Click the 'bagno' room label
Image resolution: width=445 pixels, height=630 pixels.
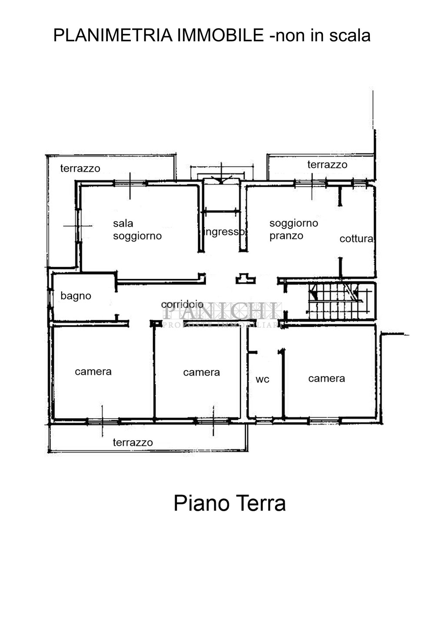[x=76, y=296]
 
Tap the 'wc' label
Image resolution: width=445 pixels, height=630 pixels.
[x=262, y=379]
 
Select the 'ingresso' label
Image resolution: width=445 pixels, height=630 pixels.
[x=224, y=232]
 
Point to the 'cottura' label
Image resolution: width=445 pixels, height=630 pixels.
[x=356, y=239]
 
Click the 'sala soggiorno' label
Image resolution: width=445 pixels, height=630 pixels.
[x=137, y=230]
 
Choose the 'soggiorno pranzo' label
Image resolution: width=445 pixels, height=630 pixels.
[x=293, y=229]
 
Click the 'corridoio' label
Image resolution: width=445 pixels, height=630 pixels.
[x=182, y=304]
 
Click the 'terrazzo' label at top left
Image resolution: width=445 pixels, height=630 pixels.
[x=80, y=168]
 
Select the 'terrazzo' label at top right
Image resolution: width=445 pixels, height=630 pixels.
[x=327, y=164]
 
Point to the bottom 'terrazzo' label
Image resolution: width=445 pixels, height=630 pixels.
[x=133, y=442]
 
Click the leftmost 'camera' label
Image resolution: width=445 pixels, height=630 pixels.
[x=93, y=372]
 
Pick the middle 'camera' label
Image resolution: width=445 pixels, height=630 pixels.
[x=201, y=372]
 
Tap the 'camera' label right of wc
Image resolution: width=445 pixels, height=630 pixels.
[x=326, y=379]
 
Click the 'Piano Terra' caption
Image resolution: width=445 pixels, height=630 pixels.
[x=229, y=503]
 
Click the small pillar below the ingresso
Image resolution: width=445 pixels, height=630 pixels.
[x=246, y=278]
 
